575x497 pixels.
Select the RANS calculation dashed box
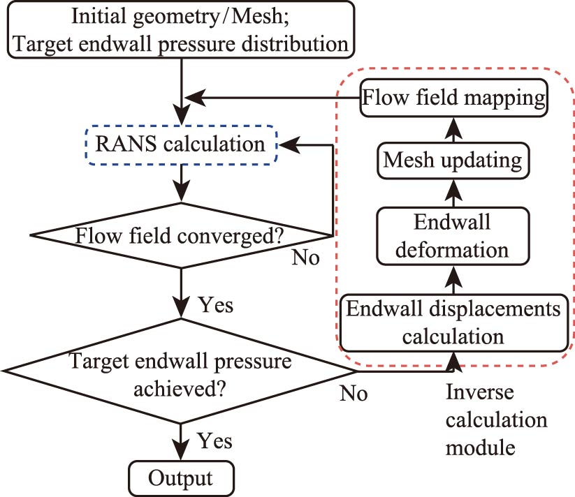click(181, 145)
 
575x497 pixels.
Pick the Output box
click(181, 478)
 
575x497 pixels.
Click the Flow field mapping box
click(453, 98)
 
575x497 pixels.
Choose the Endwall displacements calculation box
click(453, 322)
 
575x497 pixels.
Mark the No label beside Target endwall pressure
click(354, 393)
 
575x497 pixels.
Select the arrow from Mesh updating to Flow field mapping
click(453, 130)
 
